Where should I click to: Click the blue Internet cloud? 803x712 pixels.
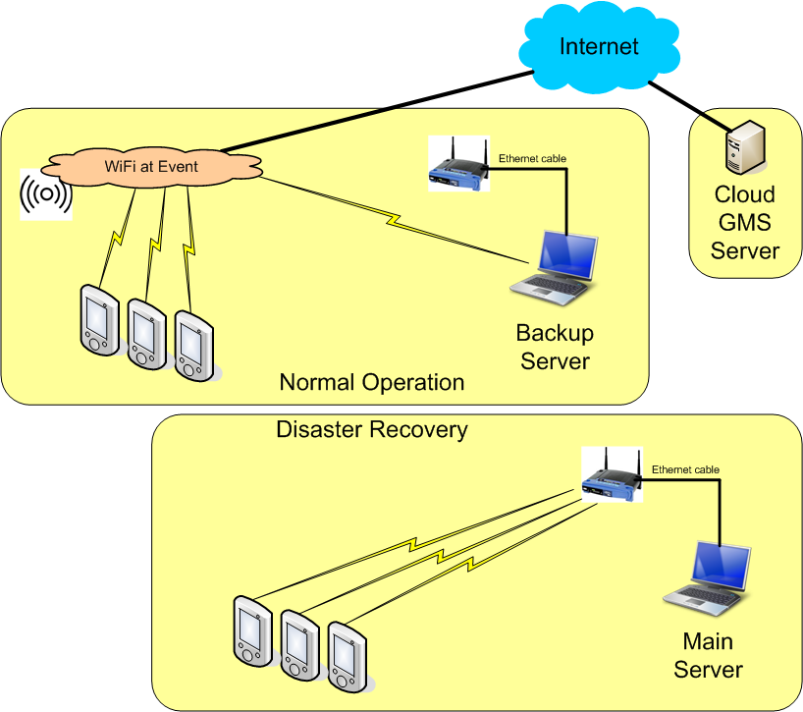[599, 49]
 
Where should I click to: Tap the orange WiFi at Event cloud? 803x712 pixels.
[151, 166]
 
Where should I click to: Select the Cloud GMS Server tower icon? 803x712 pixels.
[742, 146]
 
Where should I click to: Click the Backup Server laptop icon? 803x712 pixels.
[555, 266]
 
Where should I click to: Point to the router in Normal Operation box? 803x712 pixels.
[458, 164]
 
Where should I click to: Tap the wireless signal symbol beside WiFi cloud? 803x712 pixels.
[45, 194]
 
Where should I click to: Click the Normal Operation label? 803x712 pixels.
[371, 382]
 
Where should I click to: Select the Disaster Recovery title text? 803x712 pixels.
[371, 429]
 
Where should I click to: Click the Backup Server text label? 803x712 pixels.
[555, 347]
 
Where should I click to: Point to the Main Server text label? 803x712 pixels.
[708, 656]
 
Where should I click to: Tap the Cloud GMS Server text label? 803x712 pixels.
[744, 222]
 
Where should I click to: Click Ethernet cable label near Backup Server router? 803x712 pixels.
[532, 158]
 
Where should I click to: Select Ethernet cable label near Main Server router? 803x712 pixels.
[685, 469]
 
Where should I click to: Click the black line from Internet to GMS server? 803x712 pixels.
[687, 106]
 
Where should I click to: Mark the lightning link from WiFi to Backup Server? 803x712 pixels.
[393, 221]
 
